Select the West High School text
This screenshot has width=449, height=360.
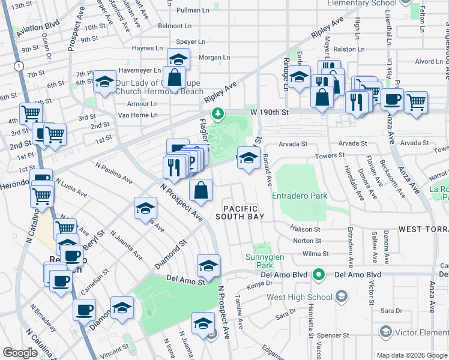(299, 297)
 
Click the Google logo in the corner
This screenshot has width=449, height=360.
(20, 353)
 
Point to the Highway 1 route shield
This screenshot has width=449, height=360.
(20, 65)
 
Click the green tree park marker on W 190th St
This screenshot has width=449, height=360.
(217, 113)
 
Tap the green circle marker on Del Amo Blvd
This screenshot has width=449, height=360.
(319, 275)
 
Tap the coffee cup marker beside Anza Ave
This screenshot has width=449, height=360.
(392, 100)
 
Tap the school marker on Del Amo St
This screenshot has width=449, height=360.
(208, 265)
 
